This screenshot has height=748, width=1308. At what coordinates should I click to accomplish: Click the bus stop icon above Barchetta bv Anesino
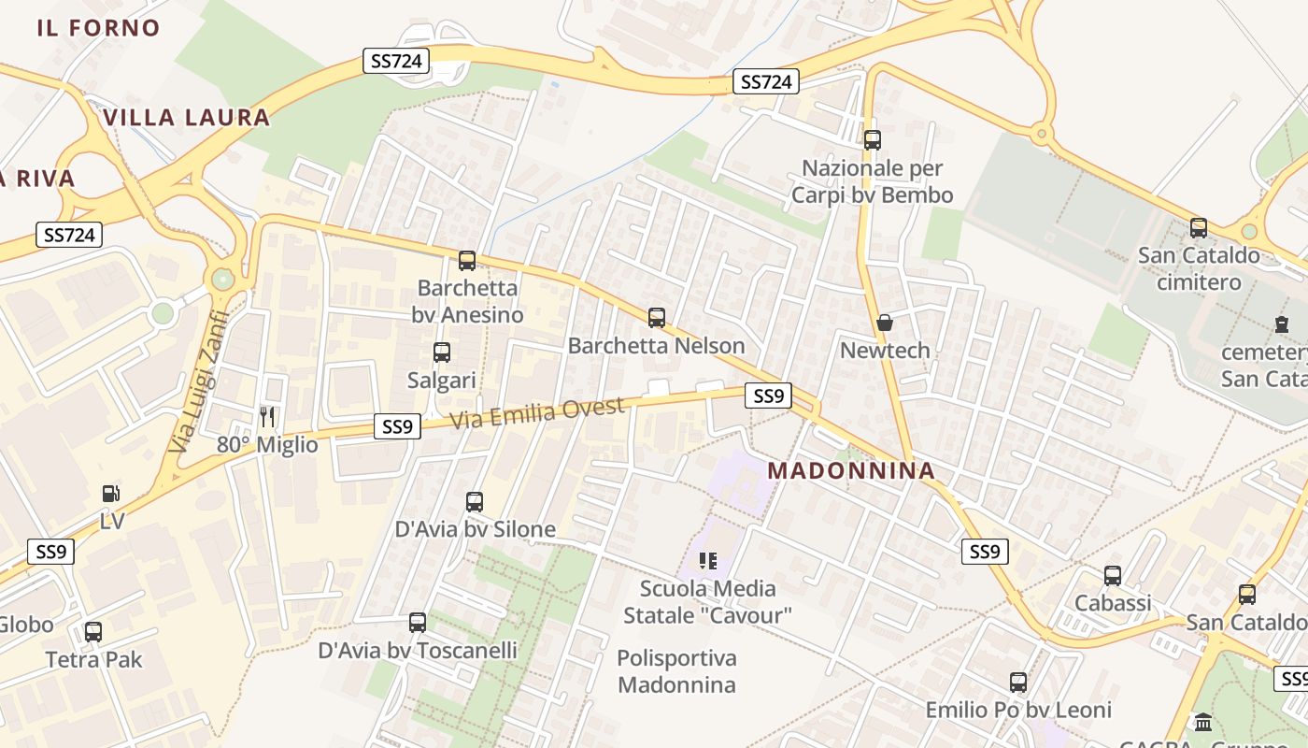[467, 261]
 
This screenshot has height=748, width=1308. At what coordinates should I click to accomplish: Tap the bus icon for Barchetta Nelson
[657, 318]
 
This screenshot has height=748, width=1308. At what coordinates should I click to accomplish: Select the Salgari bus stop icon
[442, 352]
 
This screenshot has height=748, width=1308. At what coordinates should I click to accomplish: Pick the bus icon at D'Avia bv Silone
[475, 502]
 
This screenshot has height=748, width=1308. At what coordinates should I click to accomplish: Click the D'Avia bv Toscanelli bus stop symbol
[418, 623]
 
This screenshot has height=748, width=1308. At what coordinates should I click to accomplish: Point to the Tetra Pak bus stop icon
[93, 632]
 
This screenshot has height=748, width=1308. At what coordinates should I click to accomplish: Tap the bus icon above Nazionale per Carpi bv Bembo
[873, 140]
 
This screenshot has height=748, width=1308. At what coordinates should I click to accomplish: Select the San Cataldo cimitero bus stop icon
[1199, 228]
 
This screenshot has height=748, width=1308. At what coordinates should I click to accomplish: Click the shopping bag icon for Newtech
[885, 324]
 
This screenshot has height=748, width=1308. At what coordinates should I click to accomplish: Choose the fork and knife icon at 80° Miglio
[267, 417]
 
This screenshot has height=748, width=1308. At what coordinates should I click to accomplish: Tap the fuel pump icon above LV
[111, 493]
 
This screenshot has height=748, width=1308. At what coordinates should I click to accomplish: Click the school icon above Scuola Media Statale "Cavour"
[708, 561]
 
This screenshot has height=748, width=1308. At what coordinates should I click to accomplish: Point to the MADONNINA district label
[851, 471]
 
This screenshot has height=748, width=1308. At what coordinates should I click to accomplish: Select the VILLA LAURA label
[187, 118]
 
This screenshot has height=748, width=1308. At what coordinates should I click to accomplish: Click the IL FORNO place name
[99, 28]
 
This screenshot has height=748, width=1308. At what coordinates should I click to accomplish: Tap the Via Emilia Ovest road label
[537, 413]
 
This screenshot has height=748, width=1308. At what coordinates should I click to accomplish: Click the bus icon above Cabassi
[1113, 576]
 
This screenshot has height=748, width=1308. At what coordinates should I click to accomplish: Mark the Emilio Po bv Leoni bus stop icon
[1018, 683]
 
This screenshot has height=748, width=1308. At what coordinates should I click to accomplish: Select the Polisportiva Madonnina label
[677, 671]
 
